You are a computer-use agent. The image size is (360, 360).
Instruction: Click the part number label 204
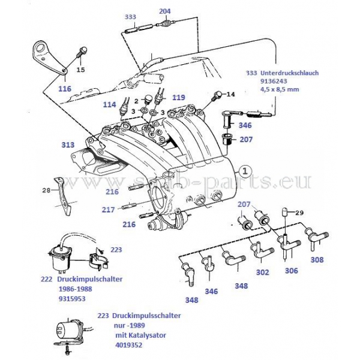(x=165, y=11)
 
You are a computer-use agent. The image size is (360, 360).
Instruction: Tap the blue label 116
(x=65, y=88)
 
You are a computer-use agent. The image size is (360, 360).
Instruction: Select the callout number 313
(x=68, y=145)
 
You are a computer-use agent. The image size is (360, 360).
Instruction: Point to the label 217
(x=109, y=209)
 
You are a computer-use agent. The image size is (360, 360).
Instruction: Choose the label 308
(x=317, y=260)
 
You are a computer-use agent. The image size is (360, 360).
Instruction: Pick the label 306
(x=291, y=271)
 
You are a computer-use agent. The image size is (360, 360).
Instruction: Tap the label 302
(x=263, y=272)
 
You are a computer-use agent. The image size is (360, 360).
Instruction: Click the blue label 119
(x=179, y=96)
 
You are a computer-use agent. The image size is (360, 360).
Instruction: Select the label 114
(x=109, y=104)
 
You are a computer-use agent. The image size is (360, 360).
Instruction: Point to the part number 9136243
(x=275, y=81)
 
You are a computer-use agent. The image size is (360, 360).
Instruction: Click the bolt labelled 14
(x=220, y=94)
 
